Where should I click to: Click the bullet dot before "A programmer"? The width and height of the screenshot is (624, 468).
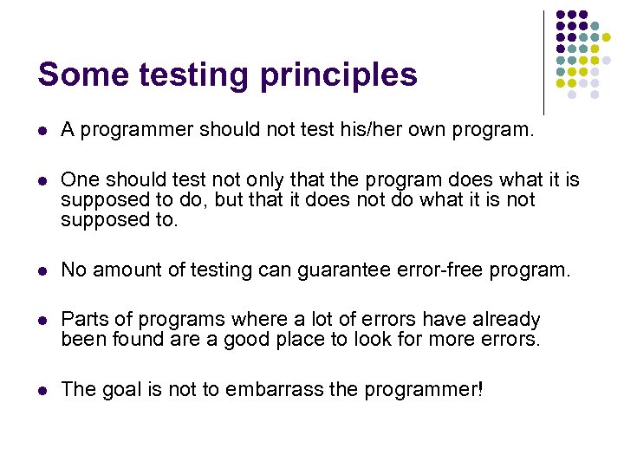tap(42, 131)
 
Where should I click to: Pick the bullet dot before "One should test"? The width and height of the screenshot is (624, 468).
tap(42, 180)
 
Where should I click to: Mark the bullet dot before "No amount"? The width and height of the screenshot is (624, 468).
tap(42, 270)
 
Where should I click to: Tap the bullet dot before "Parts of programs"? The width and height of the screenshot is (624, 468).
tap(42, 321)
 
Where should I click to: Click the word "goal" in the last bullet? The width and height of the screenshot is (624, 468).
tap(121, 390)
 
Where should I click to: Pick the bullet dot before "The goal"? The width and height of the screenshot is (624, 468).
tap(42, 390)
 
